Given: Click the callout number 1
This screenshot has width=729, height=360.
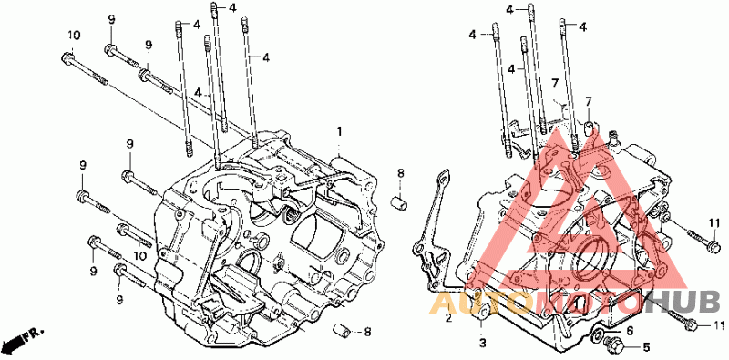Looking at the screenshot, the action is tap(339, 131).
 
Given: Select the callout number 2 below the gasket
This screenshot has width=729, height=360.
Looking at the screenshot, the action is tap(448, 319).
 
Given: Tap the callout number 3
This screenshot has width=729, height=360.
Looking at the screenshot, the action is tap(482, 344).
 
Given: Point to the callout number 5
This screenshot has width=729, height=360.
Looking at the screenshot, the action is tap(646, 347).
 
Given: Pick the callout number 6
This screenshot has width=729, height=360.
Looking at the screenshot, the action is tap(630, 331).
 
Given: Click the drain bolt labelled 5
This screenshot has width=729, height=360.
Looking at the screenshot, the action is tap(611, 345).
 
